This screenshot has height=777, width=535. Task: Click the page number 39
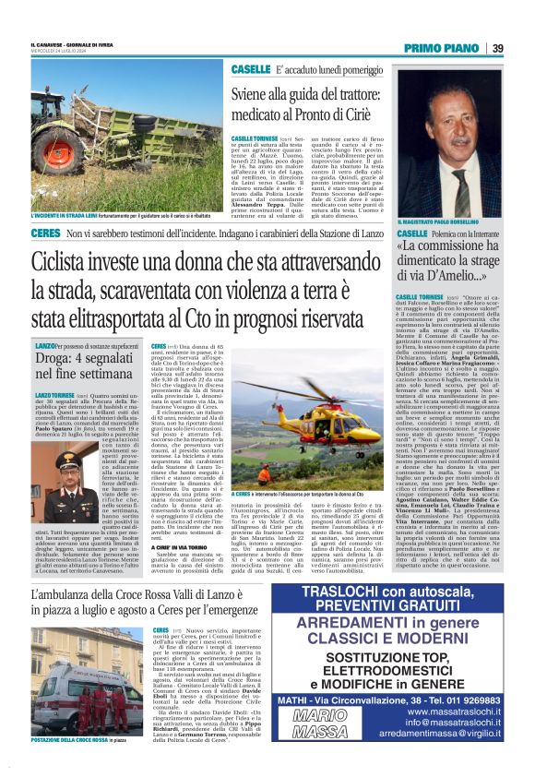(497, 47)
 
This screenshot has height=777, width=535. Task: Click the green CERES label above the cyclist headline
(45, 238)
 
